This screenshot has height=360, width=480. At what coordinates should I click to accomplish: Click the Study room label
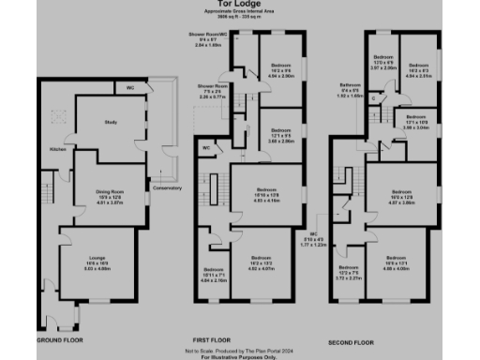pos(109,122)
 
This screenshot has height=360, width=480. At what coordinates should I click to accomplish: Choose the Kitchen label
pos(55,148)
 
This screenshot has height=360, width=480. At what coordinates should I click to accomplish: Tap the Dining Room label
pos(111,191)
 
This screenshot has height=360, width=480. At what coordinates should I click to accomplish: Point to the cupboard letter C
pos(373,97)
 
